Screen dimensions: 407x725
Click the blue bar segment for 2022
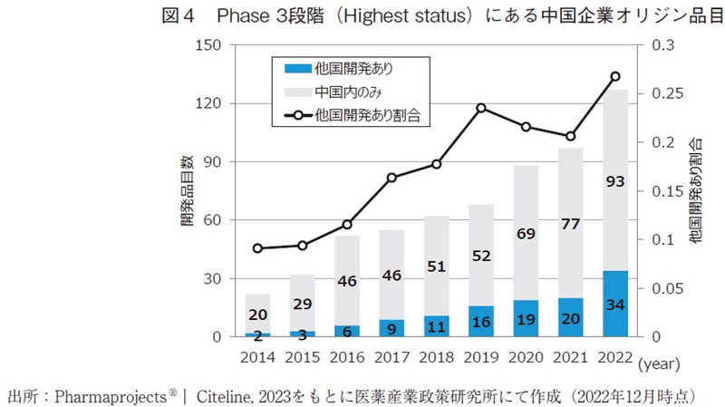click(x=614, y=304)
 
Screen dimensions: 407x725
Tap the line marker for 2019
click(x=482, y=108)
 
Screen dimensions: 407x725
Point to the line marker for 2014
click(x=258, y=248)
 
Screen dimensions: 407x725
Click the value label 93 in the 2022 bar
click(x=614, y=182)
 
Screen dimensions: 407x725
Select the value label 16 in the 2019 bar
click(x=481, y=322)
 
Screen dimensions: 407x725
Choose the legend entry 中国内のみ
click(x=348, y=92)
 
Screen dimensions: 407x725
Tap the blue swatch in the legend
click(x=296, y=68)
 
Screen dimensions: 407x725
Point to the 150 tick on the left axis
click(x=209, y=45)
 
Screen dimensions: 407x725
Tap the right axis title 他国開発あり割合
click(x=696, y=190)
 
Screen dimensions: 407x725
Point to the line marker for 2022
click(x=614, y=76)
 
